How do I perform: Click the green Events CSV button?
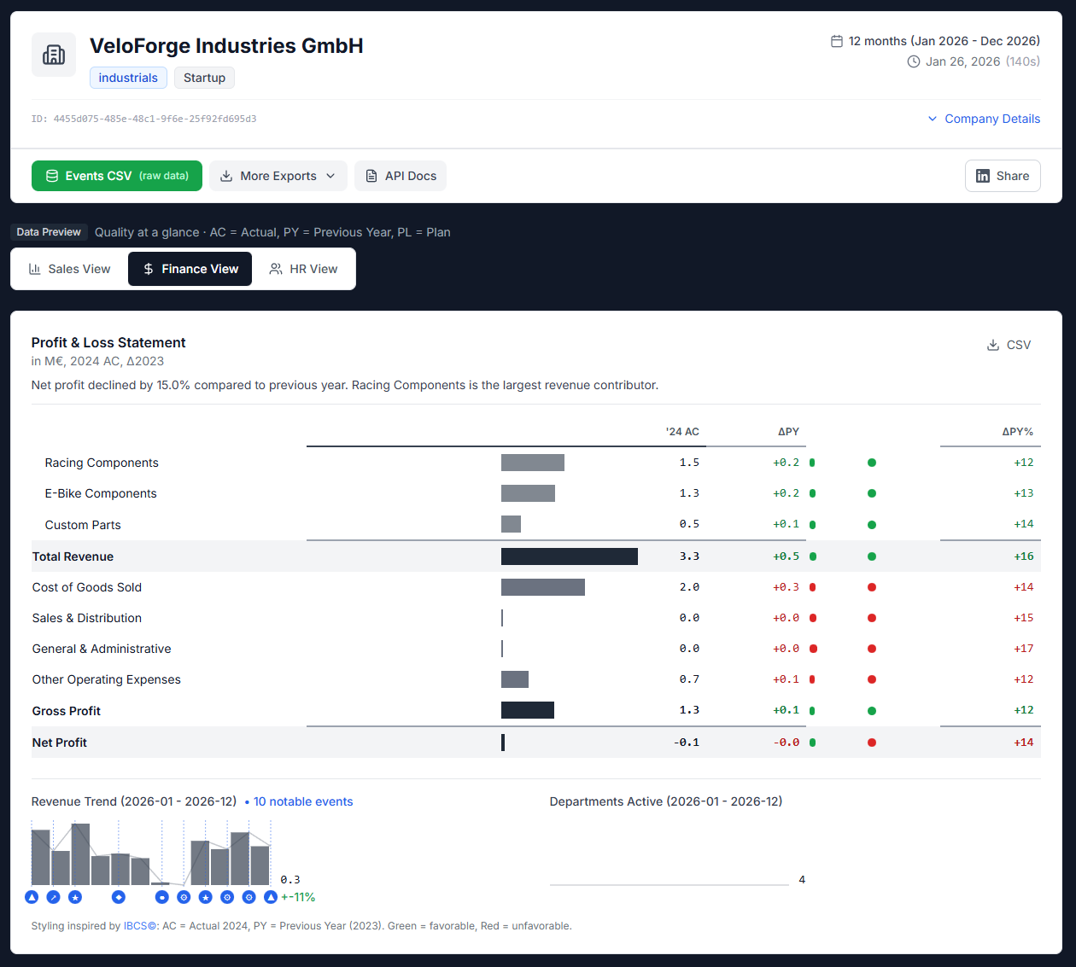tap(117, 176)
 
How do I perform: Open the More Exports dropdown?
tap(278, 176)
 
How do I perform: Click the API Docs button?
tap(401, 176)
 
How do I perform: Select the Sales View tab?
tap(70, 269)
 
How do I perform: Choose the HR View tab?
tap(304, 269)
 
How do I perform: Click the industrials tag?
tap(128, 78)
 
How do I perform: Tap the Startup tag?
tap(204, 78)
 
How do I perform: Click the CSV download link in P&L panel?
tap(1009, 345)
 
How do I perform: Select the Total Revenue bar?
tap(569, 556)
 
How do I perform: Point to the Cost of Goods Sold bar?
tap(542, 587)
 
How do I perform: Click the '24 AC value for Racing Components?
tap(689, 463)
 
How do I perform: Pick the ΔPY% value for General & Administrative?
tap(1023, 649)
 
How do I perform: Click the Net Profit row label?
tap(60, 743)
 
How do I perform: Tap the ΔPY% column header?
tap(1017, 432)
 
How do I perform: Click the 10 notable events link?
tap(302, 801)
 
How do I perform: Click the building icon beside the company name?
tap(54, 55)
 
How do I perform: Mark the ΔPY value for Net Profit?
tap(786, 743)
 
